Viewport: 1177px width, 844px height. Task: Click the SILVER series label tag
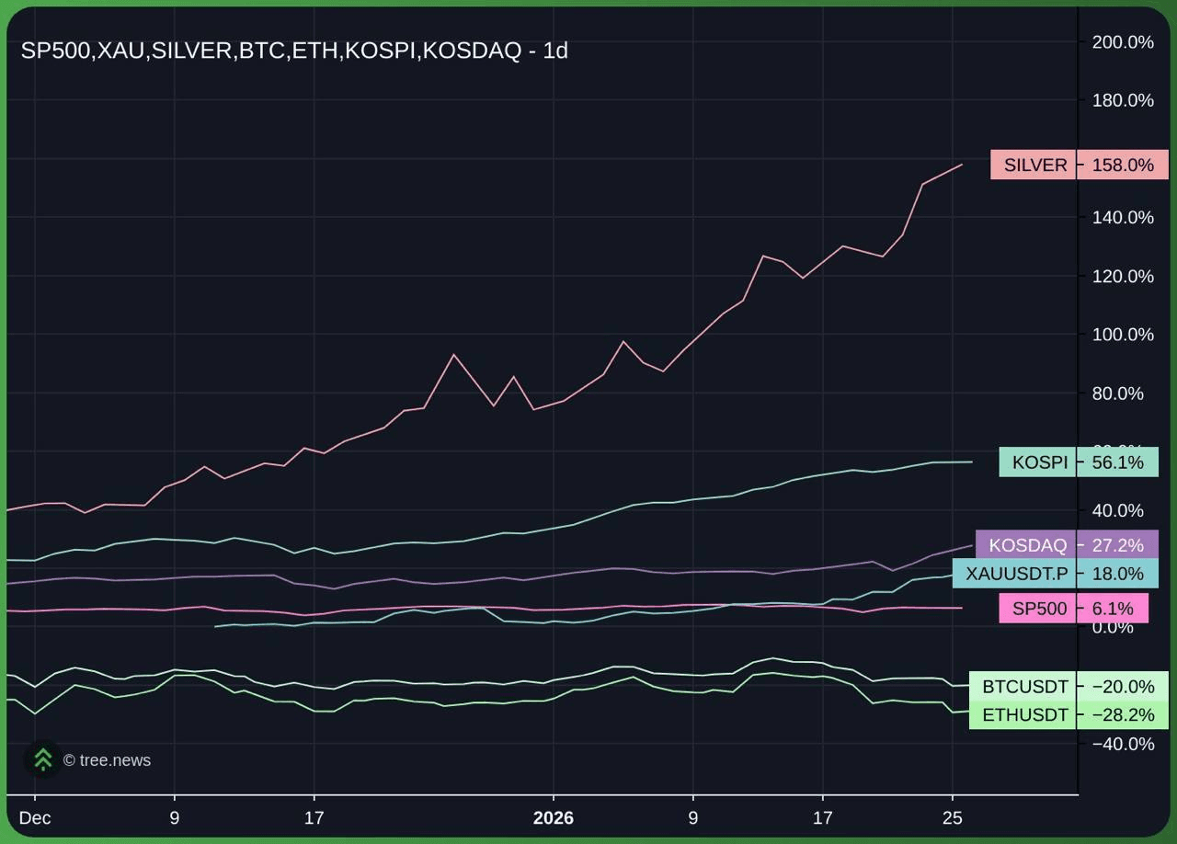[x=1034, y=165]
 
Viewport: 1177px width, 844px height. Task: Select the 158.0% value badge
[x=1122, y=165]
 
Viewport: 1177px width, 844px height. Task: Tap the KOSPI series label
[x=1039, y=462]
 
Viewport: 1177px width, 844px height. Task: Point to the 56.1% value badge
[x=1117, y=462]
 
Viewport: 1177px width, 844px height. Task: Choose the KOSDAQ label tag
[x=1027, y=545]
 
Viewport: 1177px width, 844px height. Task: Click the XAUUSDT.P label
[x=1016, y=575]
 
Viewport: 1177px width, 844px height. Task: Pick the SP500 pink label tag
[x=1039, y=609]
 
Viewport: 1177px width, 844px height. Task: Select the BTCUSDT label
[x=1024, y=687]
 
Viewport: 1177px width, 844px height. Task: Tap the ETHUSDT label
[x=1024, y=715]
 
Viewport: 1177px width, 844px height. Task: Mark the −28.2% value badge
[x=1122, y=715]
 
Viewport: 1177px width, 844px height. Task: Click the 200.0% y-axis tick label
[x=1122, y=42]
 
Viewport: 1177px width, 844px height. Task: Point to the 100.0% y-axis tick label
[x=1122, y=335]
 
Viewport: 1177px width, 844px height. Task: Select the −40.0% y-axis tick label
[x=1122, y=744]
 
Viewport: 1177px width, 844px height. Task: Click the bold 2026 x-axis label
[x=553, y=818]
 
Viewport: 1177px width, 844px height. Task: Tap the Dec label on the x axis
[x=35, y=818]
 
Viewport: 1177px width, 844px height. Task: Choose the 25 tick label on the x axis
[x=953, y=818]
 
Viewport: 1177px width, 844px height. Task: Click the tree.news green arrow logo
[x=42, y=759]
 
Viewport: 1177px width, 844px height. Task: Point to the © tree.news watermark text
[x=107, y=760]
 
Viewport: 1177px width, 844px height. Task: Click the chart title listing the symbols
[x=294, y=51]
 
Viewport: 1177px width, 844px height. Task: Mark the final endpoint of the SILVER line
[x=962, y=165]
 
